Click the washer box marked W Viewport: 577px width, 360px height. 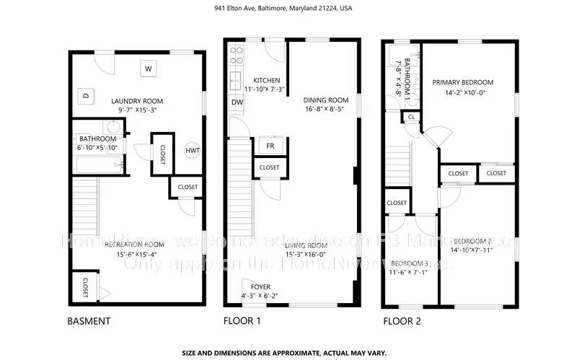pos(149,69)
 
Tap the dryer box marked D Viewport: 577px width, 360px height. pos(86,95)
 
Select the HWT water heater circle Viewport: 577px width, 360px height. pos(192,150)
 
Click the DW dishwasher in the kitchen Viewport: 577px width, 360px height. pos(237,102)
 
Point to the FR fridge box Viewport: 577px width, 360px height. pos(270,145)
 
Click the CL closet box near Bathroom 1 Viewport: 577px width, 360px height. pos(411,116)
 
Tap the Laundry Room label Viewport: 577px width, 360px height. pos(136,101)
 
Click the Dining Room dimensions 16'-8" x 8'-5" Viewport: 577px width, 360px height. pos(323,110)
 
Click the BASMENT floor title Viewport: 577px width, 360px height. pos(89,321)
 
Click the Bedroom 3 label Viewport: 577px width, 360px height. pos(409,263)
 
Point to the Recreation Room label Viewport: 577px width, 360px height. pos(134,245)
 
